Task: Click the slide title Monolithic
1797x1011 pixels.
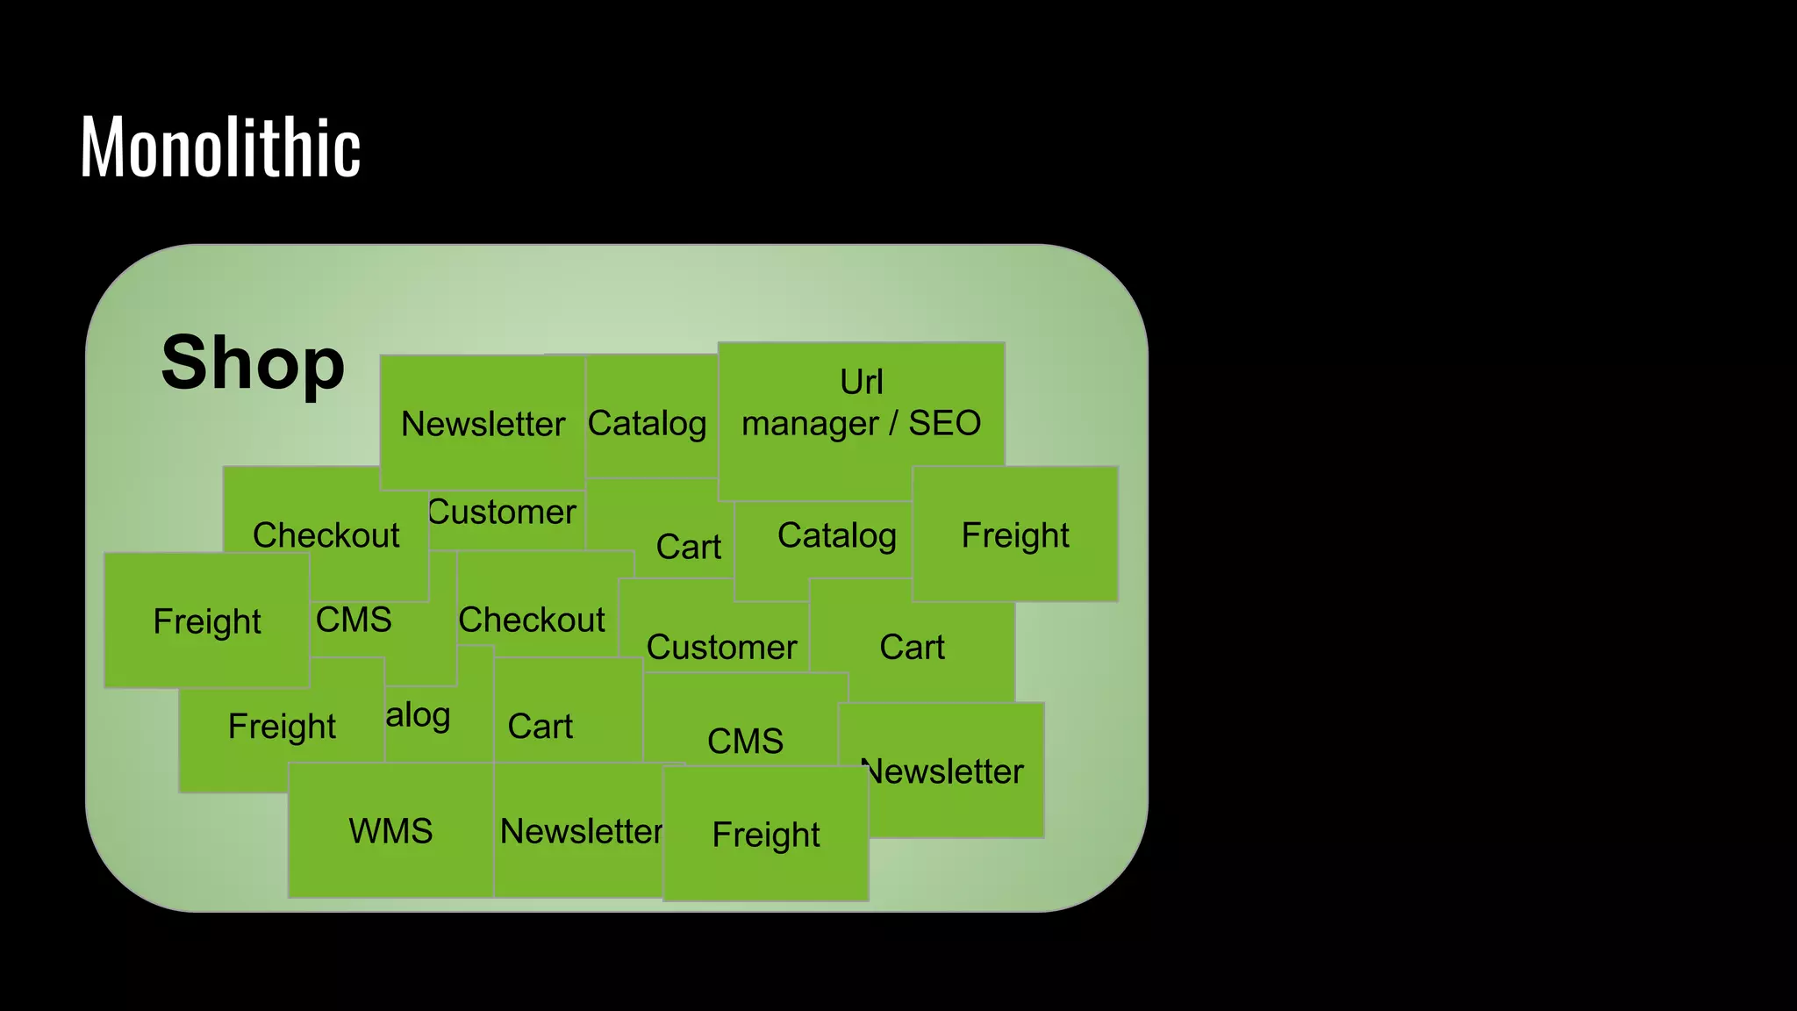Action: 220,147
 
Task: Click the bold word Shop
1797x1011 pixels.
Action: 253,362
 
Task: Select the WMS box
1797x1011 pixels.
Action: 390,830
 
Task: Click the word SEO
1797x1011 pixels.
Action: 944,424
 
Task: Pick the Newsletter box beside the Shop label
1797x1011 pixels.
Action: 483,424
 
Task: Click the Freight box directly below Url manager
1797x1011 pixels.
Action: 1015,534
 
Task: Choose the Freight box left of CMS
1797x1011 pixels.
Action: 207,620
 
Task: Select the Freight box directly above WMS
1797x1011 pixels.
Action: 281,726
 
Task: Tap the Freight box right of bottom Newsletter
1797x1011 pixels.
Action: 765,834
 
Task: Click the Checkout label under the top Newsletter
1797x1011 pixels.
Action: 326,534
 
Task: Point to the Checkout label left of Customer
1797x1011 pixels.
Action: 532,620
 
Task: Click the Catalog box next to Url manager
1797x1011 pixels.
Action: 648,423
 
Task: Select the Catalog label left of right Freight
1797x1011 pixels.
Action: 836,534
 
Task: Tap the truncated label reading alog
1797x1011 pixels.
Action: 419,715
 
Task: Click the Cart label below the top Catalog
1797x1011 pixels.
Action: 688,547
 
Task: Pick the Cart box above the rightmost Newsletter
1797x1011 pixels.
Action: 912,647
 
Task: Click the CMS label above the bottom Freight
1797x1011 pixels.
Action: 745,741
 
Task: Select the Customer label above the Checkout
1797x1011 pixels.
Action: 503,512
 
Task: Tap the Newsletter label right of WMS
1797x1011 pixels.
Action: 581,831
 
